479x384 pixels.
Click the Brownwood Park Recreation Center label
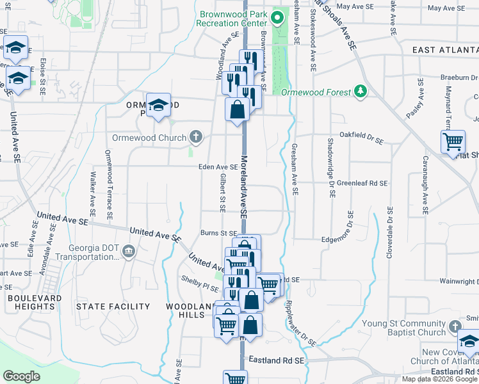coord(233,19)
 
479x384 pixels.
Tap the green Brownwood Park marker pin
coord(277,17)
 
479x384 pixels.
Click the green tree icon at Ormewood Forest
coord(361,92)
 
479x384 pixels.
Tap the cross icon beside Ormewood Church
coord(197,137)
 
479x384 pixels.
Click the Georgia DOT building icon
coord(129,251)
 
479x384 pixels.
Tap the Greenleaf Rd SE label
coord(358,183)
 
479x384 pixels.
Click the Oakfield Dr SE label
coord(361,138)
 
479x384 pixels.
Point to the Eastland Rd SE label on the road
coord(277,361)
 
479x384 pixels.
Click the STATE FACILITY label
coord(113,307)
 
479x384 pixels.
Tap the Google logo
coord(21,376)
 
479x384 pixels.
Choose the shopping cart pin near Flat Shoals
coord(453,141)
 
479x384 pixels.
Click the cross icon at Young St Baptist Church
coord(454,326)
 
